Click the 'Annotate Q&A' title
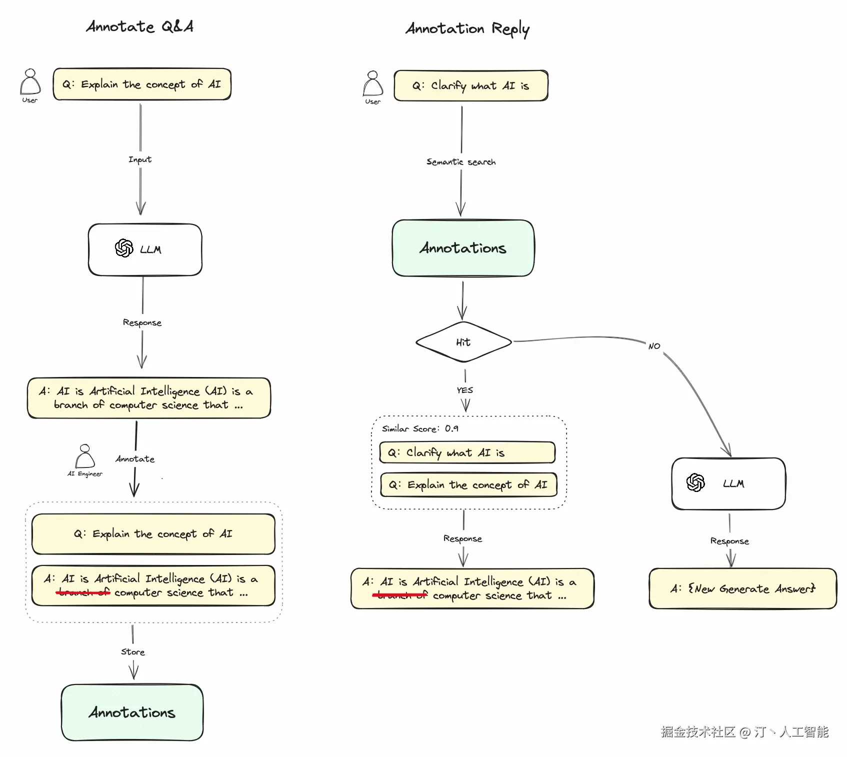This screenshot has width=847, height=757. click(139, 26)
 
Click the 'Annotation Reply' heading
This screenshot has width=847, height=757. click(467, 29)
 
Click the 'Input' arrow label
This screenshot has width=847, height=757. click(140, 159)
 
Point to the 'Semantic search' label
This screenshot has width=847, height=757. click(461, 162)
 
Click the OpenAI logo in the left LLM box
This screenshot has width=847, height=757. click(124, 248)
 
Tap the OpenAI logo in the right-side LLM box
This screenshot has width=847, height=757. click(695, 482)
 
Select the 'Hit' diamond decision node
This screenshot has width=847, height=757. click(463, 342)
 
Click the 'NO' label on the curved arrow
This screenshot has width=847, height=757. click(654, 346)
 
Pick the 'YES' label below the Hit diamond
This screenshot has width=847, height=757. click(464, 390)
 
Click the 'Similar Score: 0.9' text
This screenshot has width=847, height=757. click(420, 429)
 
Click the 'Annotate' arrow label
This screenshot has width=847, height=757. click(135, 459)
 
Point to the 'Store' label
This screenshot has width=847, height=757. click(133, 652)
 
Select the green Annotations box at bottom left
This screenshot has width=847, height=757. click(132, 712)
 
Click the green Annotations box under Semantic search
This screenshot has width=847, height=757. click(463, 248)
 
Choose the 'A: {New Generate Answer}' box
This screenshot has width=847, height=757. click(742, 588)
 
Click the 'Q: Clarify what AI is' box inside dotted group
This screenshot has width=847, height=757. click(467, 452)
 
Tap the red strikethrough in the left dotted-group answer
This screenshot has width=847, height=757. click(83, 593)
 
